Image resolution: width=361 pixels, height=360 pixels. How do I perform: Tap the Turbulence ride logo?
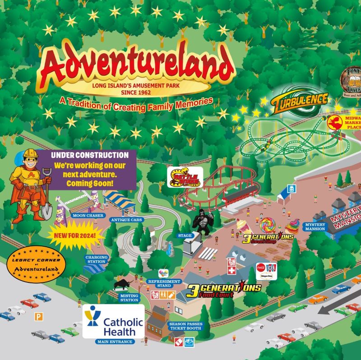point(299,103)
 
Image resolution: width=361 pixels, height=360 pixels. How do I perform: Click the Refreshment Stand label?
point(164,283)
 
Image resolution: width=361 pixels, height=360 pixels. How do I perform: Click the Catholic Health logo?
point(114,321)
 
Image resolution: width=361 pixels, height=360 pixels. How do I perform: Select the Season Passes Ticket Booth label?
point(185,326)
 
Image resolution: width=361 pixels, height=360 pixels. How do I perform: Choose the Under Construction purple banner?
point(93,170)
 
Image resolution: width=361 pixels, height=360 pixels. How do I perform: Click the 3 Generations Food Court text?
point(223,290)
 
